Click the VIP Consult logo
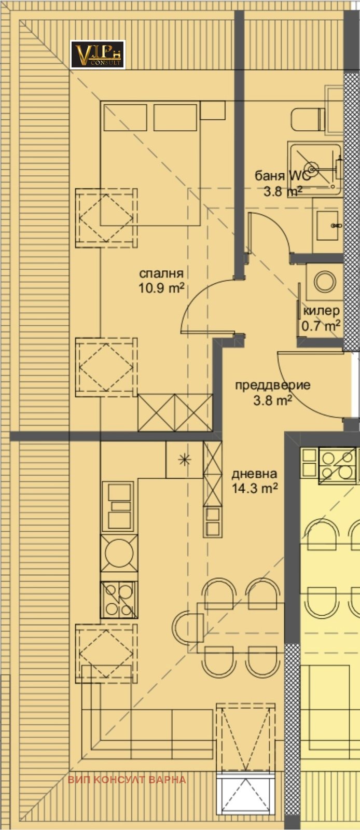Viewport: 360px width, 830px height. [x=98, y=55]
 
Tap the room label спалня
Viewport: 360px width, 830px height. [x=161, y=274]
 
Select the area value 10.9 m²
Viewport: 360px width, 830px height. [x=161, y=288]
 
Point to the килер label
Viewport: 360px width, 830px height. [x=322, y=311]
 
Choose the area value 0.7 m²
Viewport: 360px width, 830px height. [x=321, y=326]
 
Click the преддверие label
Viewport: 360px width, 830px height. [x=272, y=385]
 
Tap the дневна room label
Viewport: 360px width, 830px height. [x=254, y=474]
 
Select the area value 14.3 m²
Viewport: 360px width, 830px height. [x=254, y=488]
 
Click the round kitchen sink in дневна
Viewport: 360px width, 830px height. [x=119, y=552]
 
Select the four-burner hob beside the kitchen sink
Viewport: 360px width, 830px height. [x=119, y=599]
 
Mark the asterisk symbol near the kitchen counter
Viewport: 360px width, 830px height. [x=184, y=459]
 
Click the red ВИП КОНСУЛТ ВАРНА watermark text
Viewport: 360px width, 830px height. [x=127, y=780]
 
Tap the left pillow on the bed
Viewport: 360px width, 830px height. [x=125, y=117]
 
